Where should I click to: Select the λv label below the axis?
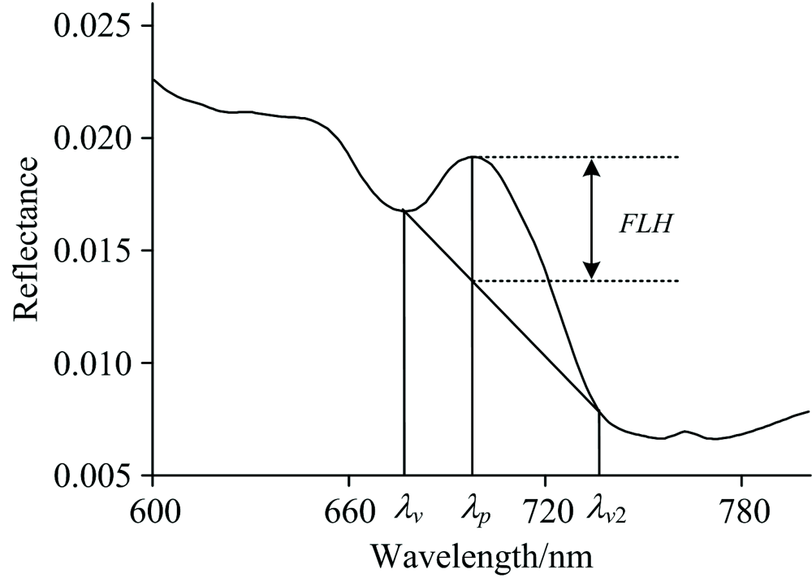[407, 514]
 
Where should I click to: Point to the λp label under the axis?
[475, 514]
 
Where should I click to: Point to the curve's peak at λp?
[472, 156]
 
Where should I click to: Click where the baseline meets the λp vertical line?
[472, 281]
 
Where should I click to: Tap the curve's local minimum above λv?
[406, 211]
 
